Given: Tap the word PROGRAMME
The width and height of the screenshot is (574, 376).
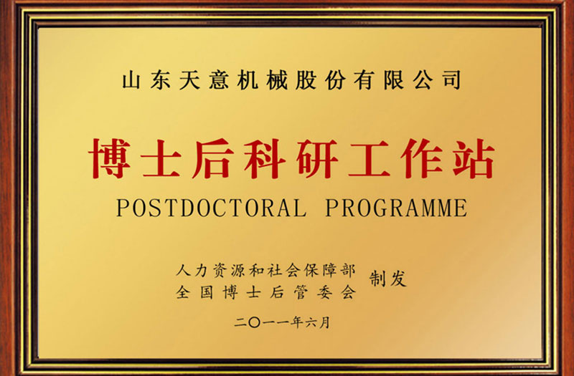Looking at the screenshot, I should point(396,208).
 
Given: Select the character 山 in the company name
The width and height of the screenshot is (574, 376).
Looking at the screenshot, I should point(131,79).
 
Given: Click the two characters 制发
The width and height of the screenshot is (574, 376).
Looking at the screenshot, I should point(387,279).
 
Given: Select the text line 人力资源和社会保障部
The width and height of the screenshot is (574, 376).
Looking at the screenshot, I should point(265,271).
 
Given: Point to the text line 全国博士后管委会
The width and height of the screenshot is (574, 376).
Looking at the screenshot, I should point(265,291).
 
